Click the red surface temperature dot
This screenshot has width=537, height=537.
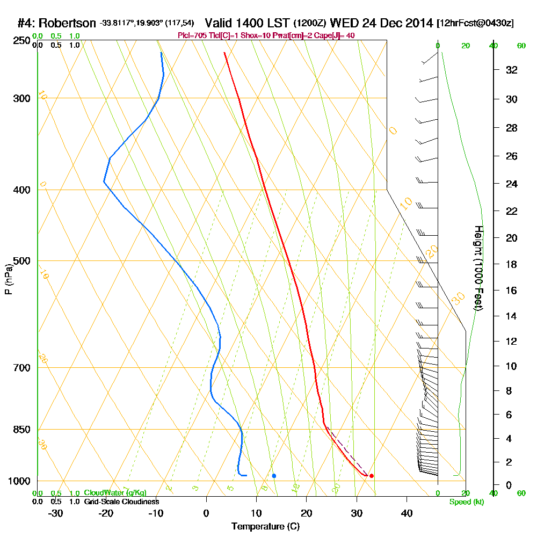point(371,476)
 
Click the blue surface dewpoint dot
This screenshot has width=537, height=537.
point(274,476)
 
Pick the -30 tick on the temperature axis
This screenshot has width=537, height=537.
point(56,513)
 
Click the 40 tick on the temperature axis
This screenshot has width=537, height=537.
point(407,513)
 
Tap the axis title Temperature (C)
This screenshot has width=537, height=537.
point(265,526)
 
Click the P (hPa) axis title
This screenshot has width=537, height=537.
point(8,279)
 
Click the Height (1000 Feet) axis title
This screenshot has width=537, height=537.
point(478,268)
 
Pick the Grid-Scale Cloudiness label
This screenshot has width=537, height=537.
point(121,502)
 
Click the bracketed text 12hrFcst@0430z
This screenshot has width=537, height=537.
point(476,24)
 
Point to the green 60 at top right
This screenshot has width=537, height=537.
point(521,46)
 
